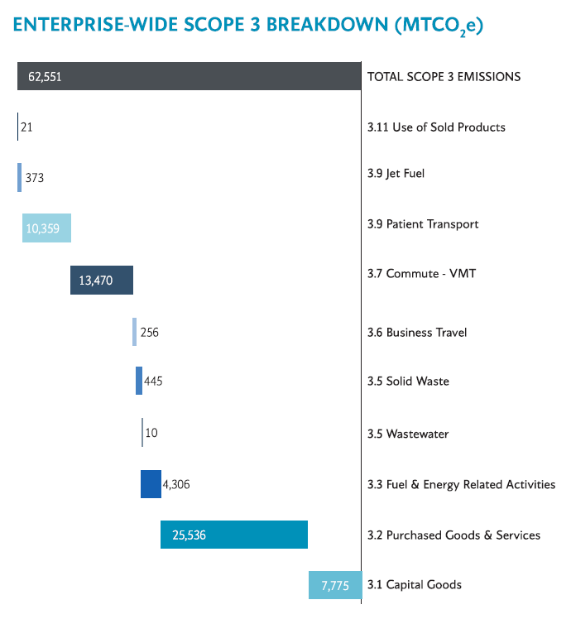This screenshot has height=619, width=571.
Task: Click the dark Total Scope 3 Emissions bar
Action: tap(189, 76)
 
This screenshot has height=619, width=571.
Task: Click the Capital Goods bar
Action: tap(335, 584)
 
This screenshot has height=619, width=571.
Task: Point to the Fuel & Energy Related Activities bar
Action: tap(151, 484)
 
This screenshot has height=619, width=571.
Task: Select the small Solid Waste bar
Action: tap(139, 381)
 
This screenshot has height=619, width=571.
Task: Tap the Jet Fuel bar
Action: tap(20, 177)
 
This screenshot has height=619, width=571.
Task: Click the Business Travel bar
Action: tap(134, 332)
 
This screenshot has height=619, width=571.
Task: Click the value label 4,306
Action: tap(177, 485)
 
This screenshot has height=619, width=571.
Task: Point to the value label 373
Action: tap(35, 178)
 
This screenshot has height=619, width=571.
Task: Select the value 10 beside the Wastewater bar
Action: tap(151, 433)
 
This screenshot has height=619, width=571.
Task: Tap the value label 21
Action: tap(26, 127)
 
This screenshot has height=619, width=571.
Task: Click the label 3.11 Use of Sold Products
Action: tap(436, 127)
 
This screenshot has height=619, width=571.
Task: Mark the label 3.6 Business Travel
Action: tap(417, 332)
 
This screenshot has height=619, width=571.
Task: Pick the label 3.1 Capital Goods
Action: tap(415, 584)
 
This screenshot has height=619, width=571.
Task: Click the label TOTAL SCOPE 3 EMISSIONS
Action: tap(444, 76)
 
